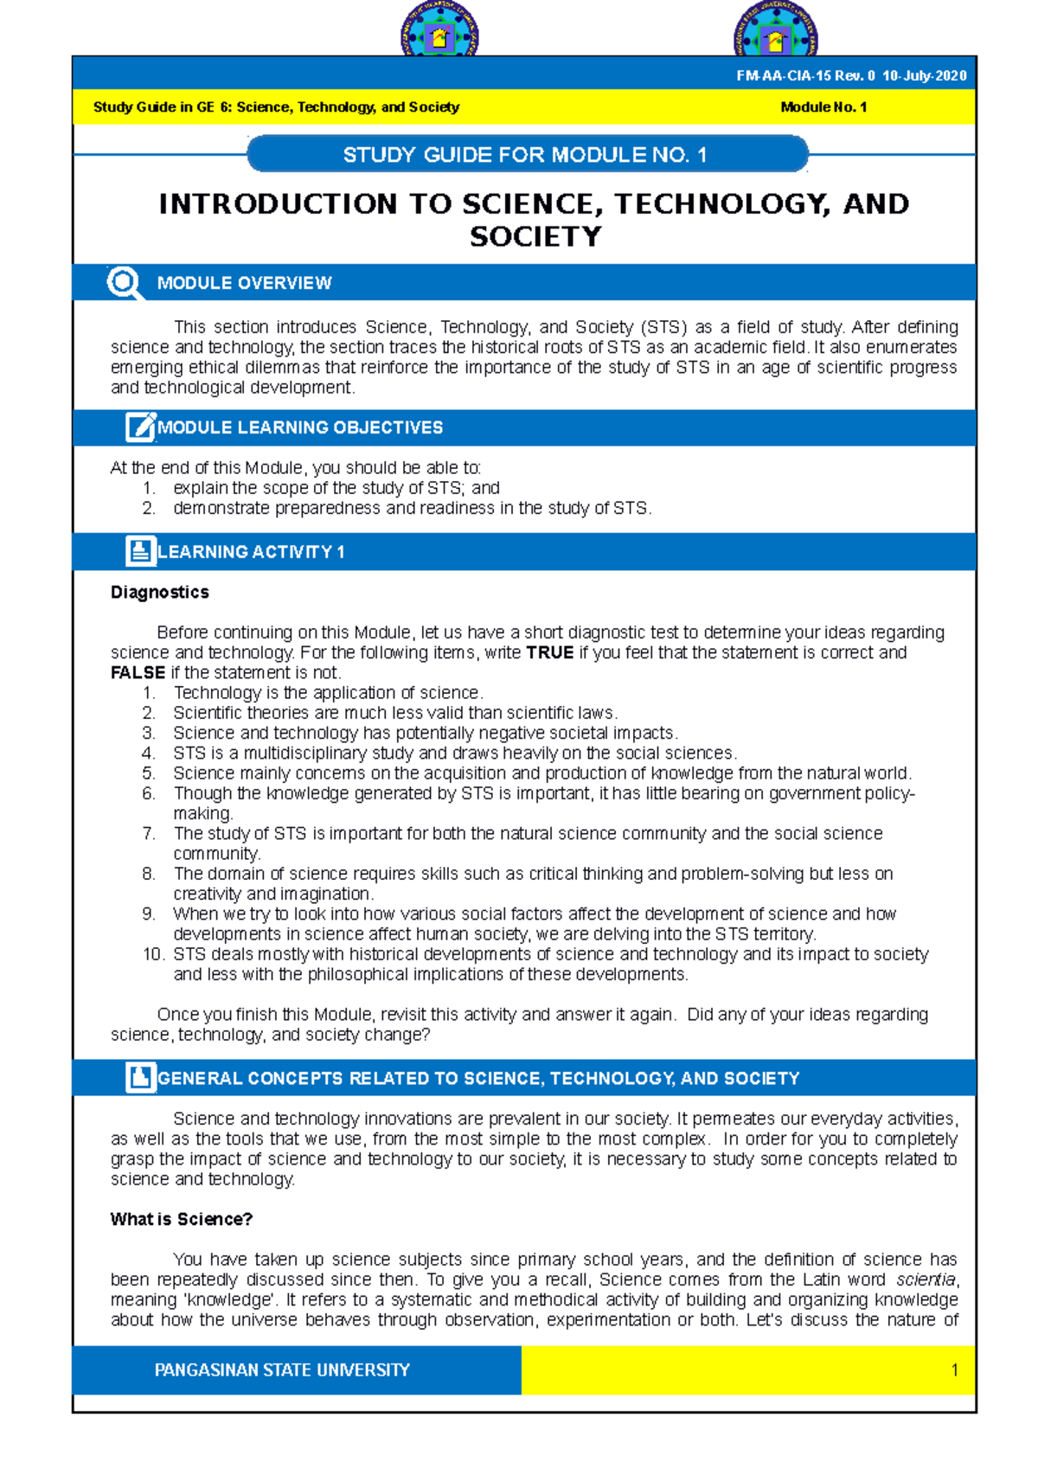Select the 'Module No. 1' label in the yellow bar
coord(823,107)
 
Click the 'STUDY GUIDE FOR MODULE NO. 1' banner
coord(526,155)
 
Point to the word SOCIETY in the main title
coord(535,237)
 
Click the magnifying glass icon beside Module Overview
coord(125,283)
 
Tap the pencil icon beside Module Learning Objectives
coord(139,427)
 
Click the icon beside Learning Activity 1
coord(139,551)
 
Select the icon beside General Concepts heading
coord(139,1078)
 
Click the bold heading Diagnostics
coord(160,593)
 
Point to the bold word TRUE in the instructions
coord(549,653)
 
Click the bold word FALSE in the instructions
coord(138,673)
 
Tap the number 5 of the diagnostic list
coord(149,773)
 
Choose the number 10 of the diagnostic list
coord(153,954)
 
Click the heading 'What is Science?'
coord(181,1220)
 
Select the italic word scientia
coord(925,1280)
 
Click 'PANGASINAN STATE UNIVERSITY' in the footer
coord(282,1370)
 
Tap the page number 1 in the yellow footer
coord(954,1370)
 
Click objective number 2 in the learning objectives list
coord(149,509)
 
